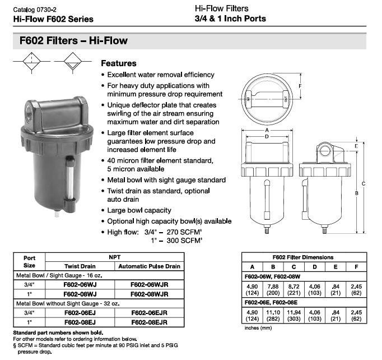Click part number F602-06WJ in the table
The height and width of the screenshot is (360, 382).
[80, 285]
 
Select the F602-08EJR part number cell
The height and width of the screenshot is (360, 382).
[150, 322]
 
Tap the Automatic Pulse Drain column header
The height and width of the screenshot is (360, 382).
[150, 266]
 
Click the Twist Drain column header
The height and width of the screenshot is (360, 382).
[80, 266]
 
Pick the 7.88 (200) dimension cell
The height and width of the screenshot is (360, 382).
[273, 289]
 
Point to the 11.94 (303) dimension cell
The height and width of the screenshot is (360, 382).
[294, 315]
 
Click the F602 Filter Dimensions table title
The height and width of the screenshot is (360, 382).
[303, 257]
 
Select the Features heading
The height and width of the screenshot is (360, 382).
[119, 63]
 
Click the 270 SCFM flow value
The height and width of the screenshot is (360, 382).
[184, 232]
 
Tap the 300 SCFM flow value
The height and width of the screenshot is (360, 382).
[184, 241]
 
